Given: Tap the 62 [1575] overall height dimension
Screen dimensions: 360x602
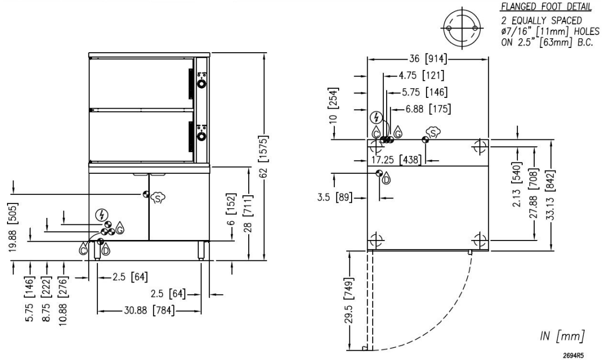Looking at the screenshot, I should (x=266, y=156).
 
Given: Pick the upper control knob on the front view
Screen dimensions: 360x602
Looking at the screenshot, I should (x=202, y=84).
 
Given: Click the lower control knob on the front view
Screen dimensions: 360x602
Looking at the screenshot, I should (x=202, y=136).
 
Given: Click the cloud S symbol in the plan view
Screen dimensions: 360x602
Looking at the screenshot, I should (x=433, y=132).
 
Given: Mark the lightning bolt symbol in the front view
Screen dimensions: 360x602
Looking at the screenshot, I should (x=100, y=214).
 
